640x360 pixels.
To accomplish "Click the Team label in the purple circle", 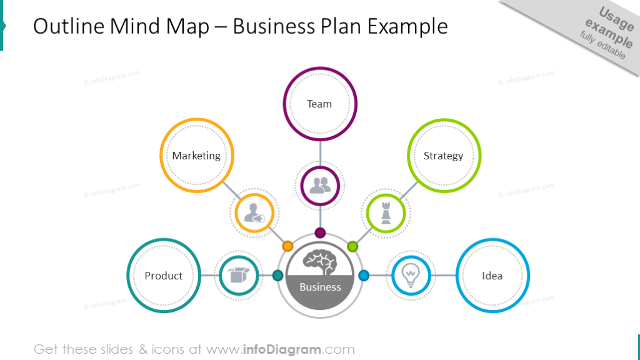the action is (x=319, y=104).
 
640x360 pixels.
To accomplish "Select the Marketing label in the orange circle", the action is (x=196, y=156).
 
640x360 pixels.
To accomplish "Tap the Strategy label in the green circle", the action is (x=443, y=156).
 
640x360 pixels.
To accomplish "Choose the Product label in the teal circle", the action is (x=163, y=276).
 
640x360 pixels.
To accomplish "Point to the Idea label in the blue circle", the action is (x=492, y=276).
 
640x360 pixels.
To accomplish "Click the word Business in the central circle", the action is (x=320, y=287).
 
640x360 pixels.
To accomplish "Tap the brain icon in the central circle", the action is (x=320, y=262).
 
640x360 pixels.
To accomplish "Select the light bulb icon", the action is (x=411, y=276).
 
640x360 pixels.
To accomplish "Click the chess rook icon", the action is (x=386, y=213).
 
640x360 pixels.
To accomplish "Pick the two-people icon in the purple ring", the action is (x=320, y=186).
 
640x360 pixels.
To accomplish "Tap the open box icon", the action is (x=239, y=276).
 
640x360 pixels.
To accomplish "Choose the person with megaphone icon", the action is (x=254, y=213).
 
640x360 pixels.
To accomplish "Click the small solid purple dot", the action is (x=320, y=233).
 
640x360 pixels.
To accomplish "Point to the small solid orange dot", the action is (x=287, y=246).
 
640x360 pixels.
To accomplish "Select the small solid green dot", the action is (x=352, y=246).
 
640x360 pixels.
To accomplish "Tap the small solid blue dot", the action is (x=364, y=276).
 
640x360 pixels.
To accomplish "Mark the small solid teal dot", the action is (x=277, y=276).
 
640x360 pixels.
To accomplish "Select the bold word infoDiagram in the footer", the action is (x=282, y=349).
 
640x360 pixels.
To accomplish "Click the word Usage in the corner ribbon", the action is (x=616, y=19).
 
